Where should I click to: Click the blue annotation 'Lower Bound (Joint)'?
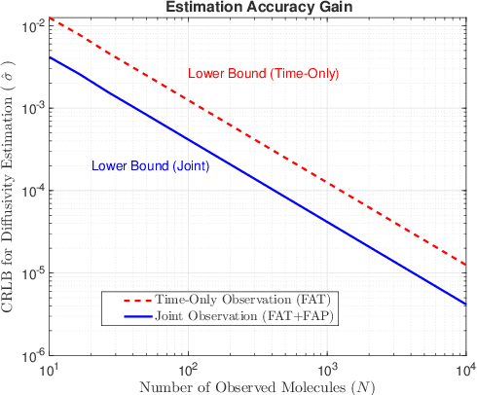tap(151, 165)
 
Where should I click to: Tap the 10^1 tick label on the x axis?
tap(48, 371)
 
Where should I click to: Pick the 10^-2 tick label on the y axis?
tap(29, 26)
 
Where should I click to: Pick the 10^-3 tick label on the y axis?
tap(29, 109)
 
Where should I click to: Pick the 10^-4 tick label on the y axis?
tap(29, 192)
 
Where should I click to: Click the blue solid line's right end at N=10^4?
tap(466, 304)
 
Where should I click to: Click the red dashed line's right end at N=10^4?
tap(466, 265)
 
